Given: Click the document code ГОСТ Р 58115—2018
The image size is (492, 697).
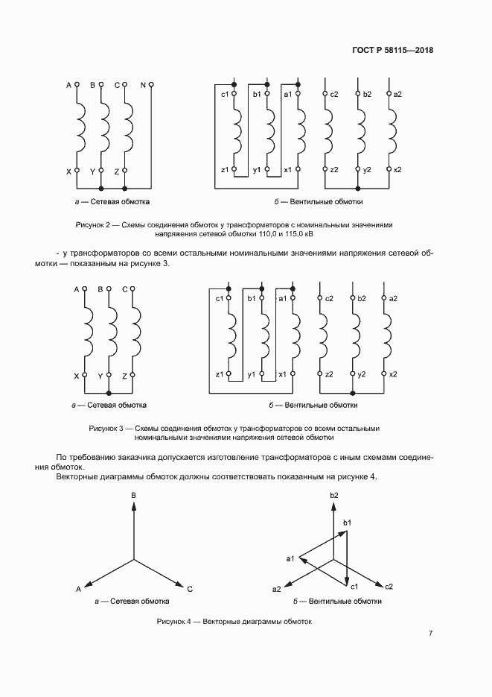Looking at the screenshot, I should click(x=392, y=51).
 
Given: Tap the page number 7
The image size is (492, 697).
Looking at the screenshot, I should click(x=431, y=634).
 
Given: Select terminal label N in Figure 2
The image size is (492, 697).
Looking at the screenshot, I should click(x=143, y=85).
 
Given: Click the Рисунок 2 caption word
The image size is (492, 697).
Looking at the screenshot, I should click(x=92, y=224).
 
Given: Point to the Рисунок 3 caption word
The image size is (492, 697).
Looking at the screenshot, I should click(x=105, y=429).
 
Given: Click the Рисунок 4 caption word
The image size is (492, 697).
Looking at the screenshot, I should click(x=173, y=622).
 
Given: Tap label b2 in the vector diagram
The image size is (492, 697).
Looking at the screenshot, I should click(x=334, y=495).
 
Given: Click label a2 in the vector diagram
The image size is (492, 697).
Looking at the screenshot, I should click(x=277, y=589).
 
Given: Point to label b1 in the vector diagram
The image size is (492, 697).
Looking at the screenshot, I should click(x=346, y=523).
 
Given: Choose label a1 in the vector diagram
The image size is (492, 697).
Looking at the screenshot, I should click(x=291, y=558).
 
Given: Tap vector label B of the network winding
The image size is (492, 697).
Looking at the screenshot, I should click(x=133, y=495).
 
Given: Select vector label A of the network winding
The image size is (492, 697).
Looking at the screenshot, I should click(x=78, y=589).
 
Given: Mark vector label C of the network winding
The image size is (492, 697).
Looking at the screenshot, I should click(x=190, y=589).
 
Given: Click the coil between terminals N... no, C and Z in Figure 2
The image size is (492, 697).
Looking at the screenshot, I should click(x=129, y=127).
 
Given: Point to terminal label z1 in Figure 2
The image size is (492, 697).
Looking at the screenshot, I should click(x=224, y=170).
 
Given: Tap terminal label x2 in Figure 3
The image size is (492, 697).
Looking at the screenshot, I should click(x=394, y=373).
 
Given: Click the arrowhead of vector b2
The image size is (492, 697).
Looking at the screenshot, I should click(x=333, y=505).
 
